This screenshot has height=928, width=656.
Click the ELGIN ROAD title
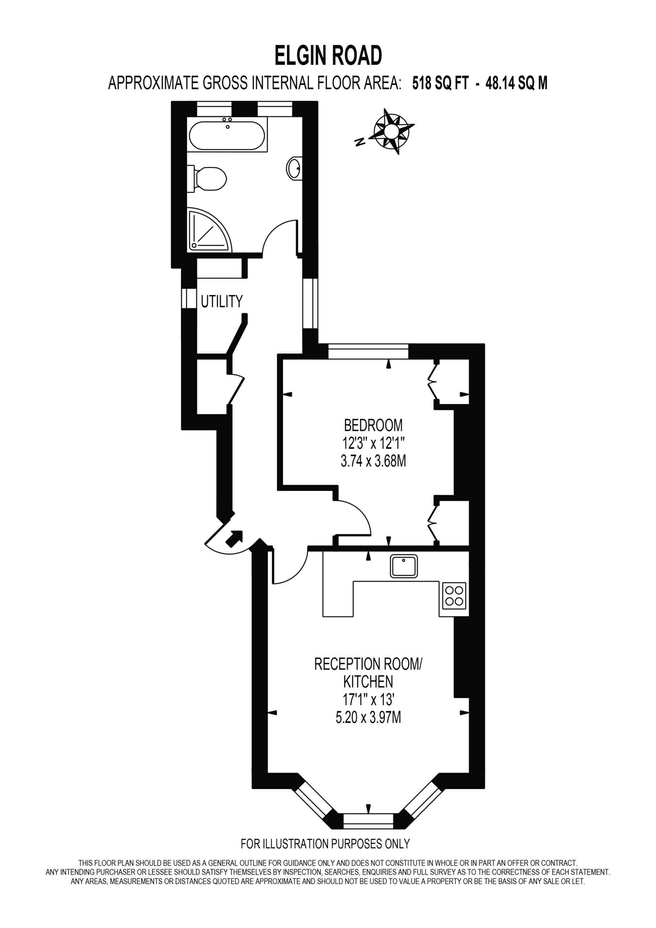328,55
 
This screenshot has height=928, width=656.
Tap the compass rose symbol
391,131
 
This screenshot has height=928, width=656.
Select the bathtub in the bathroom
227,135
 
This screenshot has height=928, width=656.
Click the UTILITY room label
221,301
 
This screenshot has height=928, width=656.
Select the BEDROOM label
373,425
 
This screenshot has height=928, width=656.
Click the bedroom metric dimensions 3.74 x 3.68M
373,461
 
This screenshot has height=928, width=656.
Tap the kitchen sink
404,566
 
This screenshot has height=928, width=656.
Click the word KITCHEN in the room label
368,682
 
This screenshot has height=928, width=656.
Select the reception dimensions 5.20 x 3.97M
368,717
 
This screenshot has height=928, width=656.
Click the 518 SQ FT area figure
440,83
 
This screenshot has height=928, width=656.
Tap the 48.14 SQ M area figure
516,83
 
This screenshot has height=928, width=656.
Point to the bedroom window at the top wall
368,351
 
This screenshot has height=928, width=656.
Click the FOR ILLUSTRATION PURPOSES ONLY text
325,844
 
